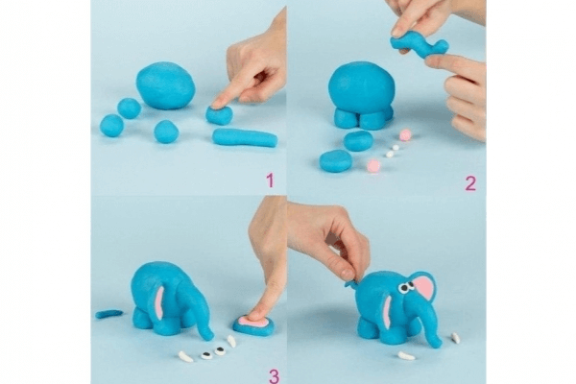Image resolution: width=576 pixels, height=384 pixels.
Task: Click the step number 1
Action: [x=270, y=180]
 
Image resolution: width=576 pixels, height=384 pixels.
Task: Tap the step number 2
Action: [x=470, y=183]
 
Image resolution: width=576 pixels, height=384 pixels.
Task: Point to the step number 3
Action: [x=274, y=376]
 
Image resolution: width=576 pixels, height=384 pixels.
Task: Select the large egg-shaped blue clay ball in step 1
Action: [x=166, y=85]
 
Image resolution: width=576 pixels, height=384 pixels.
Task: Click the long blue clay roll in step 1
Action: [x=245, y=137]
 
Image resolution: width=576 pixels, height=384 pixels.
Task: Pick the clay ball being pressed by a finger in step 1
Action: [x=219, y=114]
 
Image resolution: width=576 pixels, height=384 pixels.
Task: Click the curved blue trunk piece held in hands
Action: [x=420, y=45]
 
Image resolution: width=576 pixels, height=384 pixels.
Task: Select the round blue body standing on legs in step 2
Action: [x=362, y=88]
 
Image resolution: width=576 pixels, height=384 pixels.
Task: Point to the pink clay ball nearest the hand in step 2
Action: [x=405, y=134]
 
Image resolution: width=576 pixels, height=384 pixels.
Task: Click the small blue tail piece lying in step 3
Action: [x=109, y=314]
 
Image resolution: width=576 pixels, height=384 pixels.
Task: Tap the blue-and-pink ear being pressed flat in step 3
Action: [x=253, y=326]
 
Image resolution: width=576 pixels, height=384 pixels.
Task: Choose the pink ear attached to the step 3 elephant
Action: [x=159, y=302]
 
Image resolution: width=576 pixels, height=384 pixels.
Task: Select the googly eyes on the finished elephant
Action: [x=404, y=287]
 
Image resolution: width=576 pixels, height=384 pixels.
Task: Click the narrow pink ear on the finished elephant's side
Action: [x=387, y=311]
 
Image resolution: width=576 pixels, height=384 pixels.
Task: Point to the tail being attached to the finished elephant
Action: [x=350, y=284]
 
